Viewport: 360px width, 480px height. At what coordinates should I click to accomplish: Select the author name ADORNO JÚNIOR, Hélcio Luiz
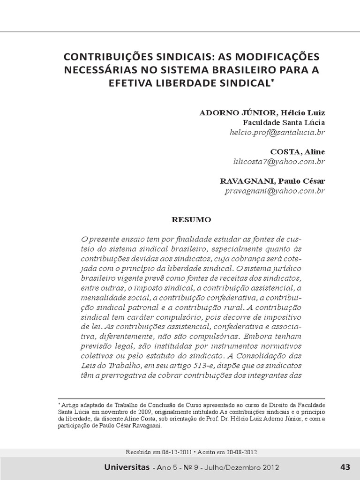click(x=262, y=113)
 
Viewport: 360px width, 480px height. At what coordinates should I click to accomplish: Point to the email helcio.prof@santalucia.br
click(x=277, y=132)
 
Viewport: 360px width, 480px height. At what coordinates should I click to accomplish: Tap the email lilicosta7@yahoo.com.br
click(x=279, y=161)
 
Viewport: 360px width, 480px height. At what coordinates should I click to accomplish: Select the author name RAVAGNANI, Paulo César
click(x=272, y=181)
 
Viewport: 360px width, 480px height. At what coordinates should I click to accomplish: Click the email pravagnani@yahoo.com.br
click(x=275, y=191)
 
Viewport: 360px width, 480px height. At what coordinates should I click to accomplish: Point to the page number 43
click(x=345, y=467)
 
